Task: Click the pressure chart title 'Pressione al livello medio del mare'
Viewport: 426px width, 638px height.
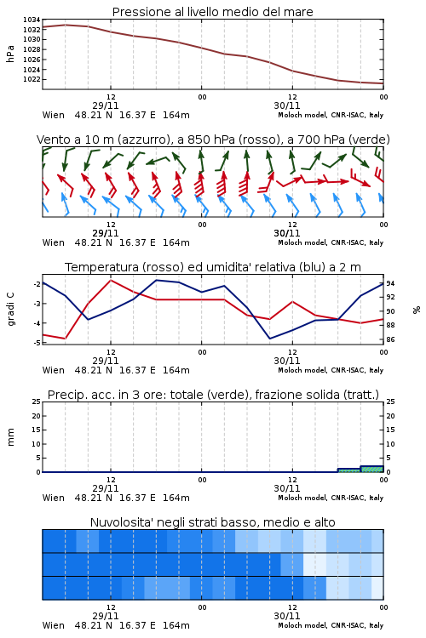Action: (212, 12)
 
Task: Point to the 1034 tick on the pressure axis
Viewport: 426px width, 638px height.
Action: (32, 20)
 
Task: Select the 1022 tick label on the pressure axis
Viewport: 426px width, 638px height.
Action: (32, 79)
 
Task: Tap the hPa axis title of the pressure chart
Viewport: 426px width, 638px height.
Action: (10, 54)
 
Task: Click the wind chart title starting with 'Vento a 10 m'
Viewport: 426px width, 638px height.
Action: (213, 140)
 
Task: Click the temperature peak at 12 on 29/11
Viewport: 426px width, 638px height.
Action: (111, 281)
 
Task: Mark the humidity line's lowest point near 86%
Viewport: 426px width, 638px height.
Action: (270, 339)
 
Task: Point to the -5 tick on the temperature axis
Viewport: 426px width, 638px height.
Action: (37, 343)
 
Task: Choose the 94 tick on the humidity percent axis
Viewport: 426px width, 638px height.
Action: (390, 283)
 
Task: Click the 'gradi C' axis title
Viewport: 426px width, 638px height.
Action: (10, 310)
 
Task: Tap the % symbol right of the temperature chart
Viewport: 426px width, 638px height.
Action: (417, 310)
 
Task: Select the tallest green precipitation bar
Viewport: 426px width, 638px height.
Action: (372, 469)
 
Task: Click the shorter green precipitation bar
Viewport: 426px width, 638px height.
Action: (349, 470)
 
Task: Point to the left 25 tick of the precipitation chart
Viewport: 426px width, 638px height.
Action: (37, 402)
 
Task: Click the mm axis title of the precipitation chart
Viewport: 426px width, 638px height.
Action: (10, 437)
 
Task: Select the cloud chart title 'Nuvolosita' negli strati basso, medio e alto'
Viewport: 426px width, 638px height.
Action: (212, 522)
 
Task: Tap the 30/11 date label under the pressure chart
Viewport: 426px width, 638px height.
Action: (287, 105)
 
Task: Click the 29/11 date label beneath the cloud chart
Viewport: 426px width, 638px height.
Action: (106, 616)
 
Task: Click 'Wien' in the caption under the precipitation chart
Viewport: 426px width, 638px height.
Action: (54, 498)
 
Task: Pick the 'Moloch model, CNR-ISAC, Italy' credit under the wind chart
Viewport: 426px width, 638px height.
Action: (331, 242)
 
